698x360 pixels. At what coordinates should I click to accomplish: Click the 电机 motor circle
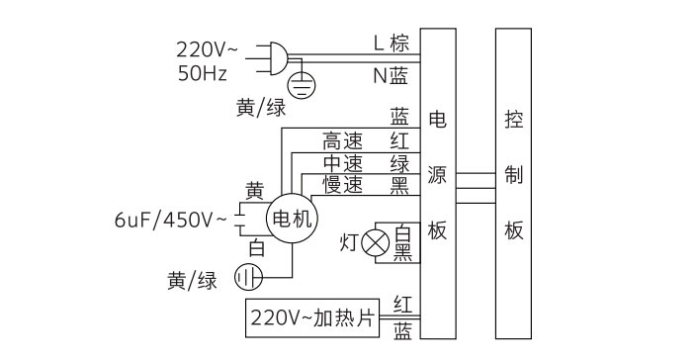click(291, 219)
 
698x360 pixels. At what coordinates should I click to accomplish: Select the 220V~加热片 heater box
click(311, 318)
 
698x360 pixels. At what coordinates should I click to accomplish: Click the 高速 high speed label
click(343, 141)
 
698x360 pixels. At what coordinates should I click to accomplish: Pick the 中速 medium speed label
click(343, 163)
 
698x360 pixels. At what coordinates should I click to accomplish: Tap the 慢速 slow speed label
click(343, 185)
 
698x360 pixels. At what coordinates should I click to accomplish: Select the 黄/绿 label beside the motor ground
click(192, 281)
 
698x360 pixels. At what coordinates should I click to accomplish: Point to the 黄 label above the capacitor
click(255, 190)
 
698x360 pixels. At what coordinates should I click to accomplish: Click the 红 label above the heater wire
click(403, 302)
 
